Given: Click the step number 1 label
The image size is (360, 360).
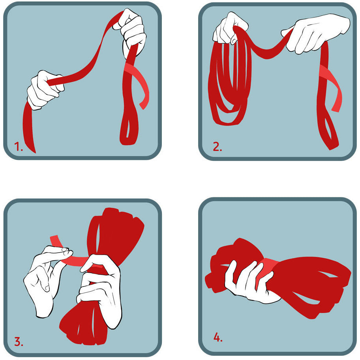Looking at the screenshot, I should click(19, 147).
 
